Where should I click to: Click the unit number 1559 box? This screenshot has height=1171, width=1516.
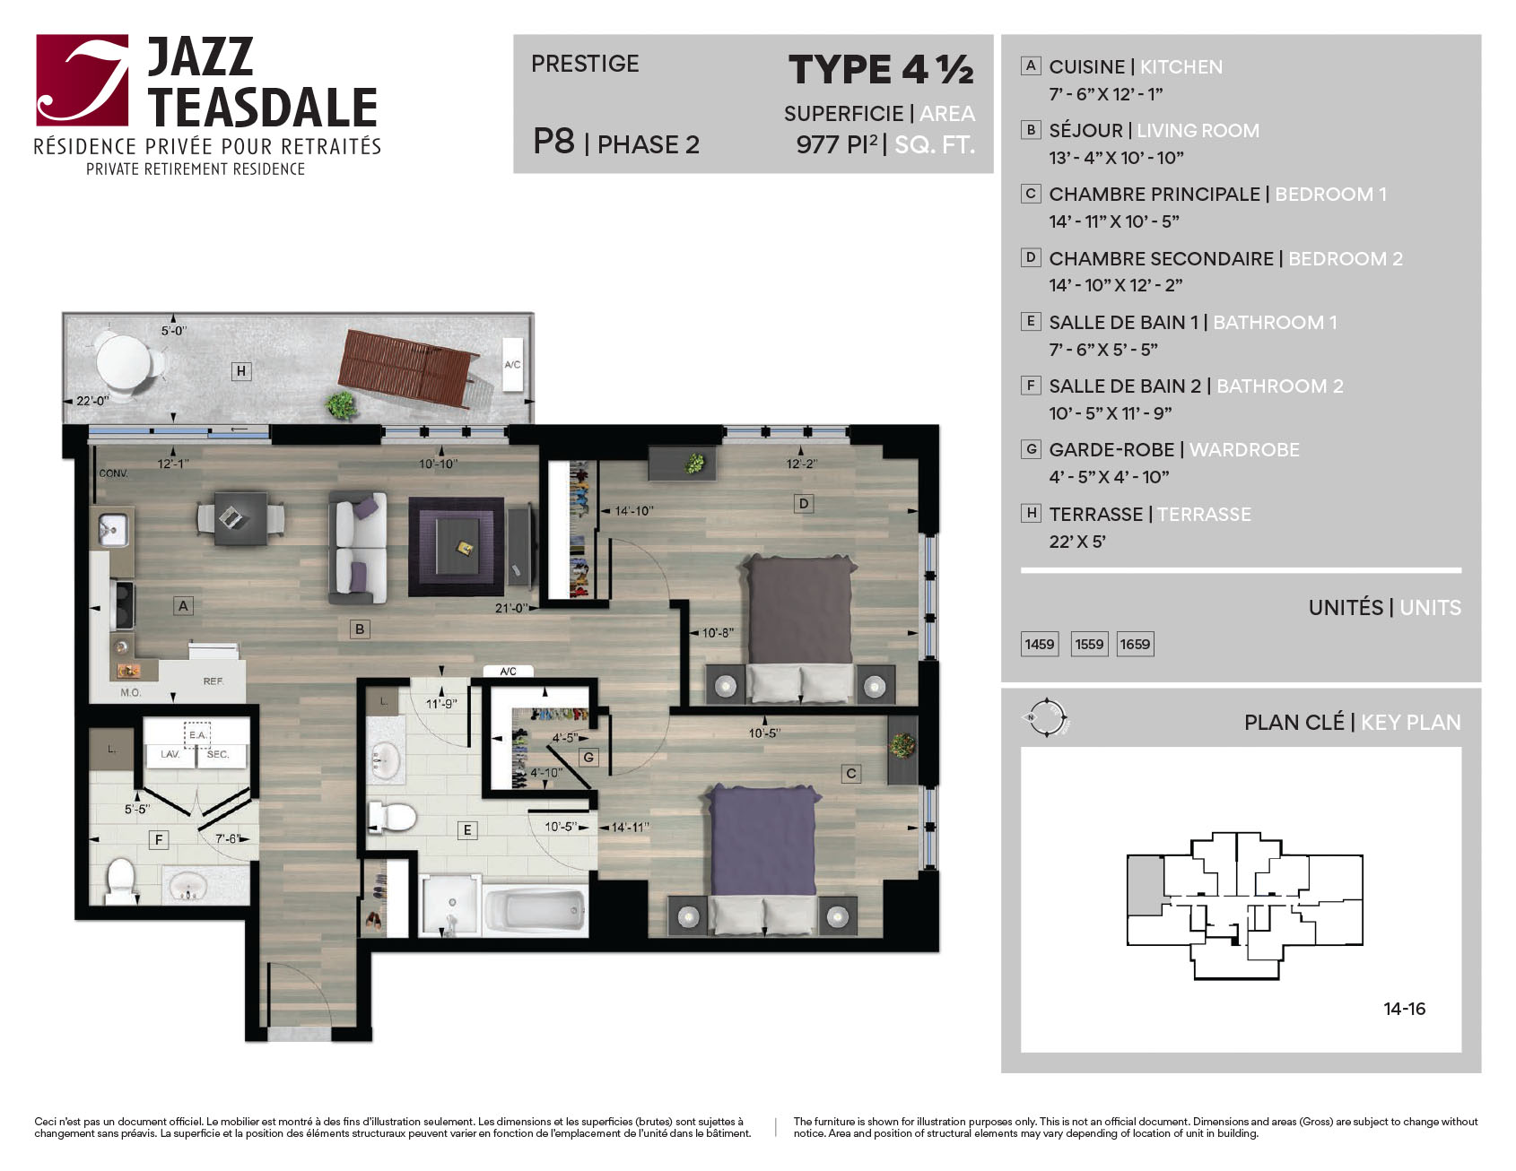click(x=1089, y=644)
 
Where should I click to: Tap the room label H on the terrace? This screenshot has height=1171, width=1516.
click(x=240, y=370)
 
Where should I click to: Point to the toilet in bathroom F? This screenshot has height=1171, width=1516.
click(x=121, y=881)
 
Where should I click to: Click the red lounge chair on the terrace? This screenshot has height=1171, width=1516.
click(x=408, y=368)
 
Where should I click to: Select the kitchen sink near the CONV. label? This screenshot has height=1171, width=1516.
click(x=112, y=529)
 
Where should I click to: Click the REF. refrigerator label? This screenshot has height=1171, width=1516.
click(x=213, y=681)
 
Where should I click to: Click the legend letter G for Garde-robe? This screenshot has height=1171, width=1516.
click(x=1032, y=449)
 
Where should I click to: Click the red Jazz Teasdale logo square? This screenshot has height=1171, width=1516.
click(x=83, y=80)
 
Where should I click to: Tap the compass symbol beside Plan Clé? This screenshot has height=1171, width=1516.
click(x=1046, y=718)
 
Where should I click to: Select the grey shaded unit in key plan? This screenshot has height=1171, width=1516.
click(x=1146, y=884)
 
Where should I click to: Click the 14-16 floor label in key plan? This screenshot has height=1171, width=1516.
click(x=1404, y=1009)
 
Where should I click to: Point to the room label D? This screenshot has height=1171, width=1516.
click(x=803, y=504)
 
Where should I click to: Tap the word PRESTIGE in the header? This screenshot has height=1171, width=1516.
click(x=585, y=64)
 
